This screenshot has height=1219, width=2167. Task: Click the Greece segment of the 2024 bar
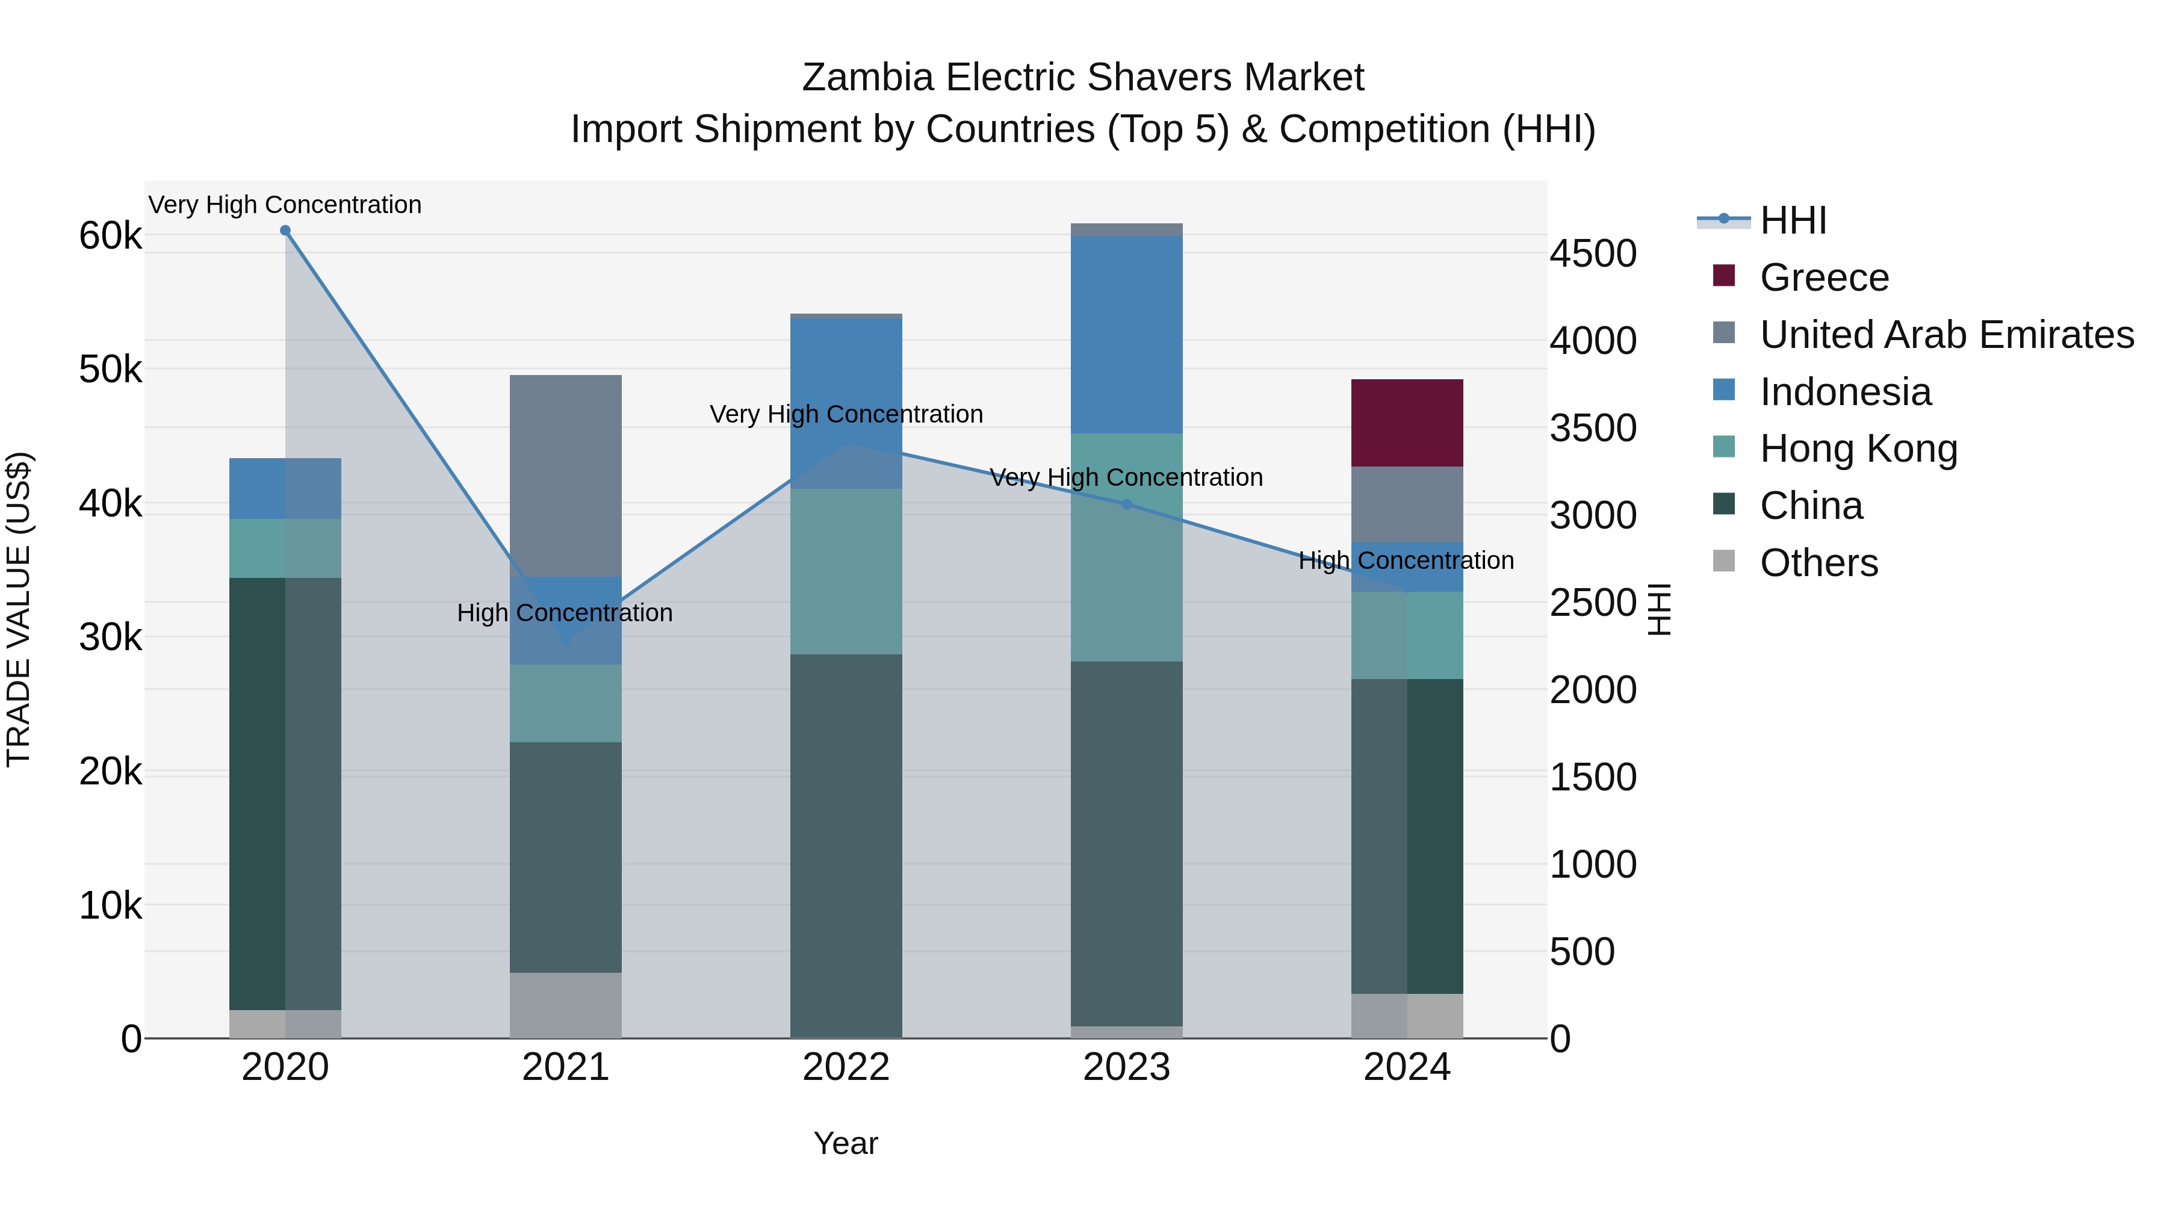pos(1407,423)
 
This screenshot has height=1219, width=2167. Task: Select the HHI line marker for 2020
pos(285,231)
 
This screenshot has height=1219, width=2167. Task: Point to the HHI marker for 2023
pos(1126,504)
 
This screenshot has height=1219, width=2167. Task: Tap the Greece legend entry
pos(1824,278)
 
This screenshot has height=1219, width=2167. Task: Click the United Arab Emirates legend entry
pos(1945,335)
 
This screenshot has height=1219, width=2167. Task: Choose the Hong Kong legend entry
pos(1858,448)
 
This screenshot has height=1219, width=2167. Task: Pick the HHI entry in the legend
pos(1792,220)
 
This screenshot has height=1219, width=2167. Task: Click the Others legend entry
pos(1818,563)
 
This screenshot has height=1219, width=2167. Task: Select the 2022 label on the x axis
pos(846,1067)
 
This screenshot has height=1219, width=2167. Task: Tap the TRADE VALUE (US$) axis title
pos(19,609)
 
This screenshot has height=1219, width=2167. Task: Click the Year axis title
pos(846,1143)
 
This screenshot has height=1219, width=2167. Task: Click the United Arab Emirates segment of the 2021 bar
pos(565,476)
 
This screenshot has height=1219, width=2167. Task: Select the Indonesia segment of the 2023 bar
pos(1126,334)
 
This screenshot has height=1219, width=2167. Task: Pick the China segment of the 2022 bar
pos(846,846)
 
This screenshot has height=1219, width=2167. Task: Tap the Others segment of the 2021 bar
pos(565,1005)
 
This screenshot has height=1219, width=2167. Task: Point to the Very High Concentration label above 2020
pos(285,205)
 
